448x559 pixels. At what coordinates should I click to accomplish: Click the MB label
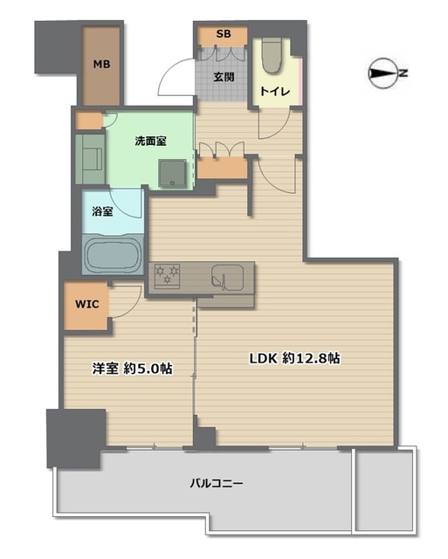click(x=101, y=65)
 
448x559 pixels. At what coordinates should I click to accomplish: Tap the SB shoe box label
click(x=224, y=34)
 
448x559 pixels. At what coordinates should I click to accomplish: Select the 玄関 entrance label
click(x=224, y=77)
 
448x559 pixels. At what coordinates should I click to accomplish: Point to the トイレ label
click(x=275, y=92)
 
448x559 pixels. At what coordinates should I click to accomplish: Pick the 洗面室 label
click(x=150, y=141)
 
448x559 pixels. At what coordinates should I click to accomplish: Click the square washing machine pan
click(x=173, y=173)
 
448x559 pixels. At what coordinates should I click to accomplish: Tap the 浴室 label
click(x=103, y=211)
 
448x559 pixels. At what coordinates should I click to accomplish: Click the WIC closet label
click(x=86, y=305)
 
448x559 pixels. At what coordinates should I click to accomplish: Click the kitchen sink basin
click(x=228, y=278)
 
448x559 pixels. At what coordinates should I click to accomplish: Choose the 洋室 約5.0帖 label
click(x=132, y=369)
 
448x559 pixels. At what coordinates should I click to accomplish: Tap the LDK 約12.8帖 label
click(x=294, y=358)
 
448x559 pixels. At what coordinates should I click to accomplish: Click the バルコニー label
click(x=217, y=484)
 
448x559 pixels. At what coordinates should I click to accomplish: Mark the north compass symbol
click(x=383, y=73)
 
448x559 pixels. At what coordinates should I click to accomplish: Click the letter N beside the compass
click(x=403, y=73)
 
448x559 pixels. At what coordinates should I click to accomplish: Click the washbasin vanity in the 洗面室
click(x=90, y=159)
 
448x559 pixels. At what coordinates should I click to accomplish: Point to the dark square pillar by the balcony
click(x=76, y=438)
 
